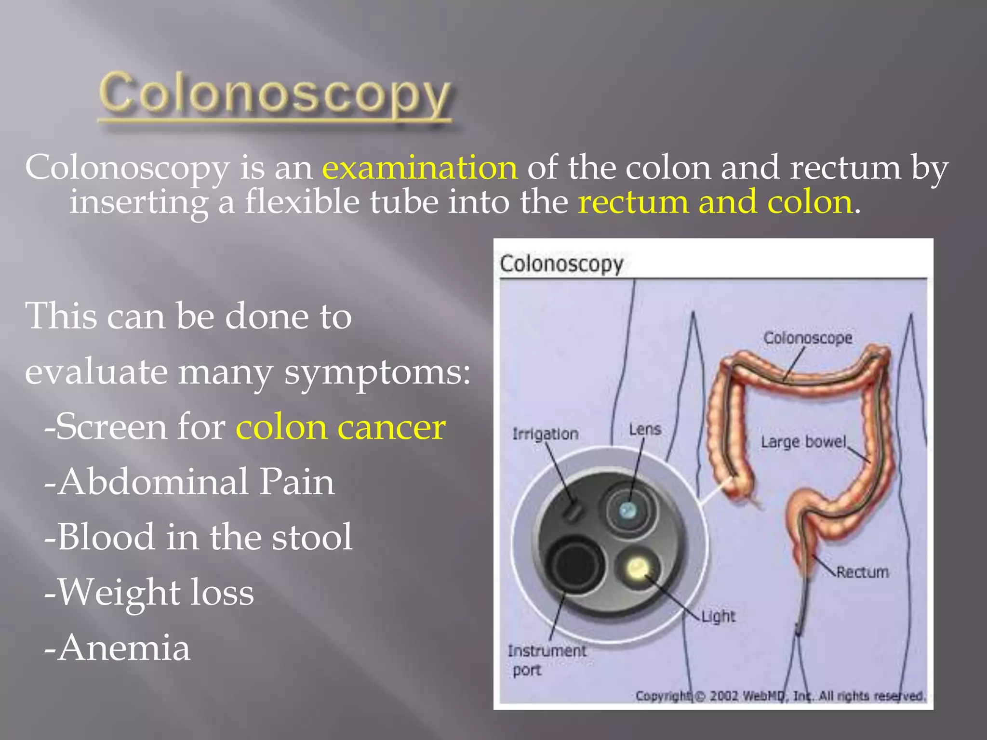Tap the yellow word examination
(420, 168)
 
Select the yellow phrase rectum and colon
(715, 202)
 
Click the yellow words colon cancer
(340, 427)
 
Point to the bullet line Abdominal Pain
(189, 482)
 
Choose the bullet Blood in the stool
(198, 537)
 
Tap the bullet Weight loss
(149, 592)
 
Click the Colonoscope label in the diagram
(807, 338)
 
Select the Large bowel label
(803, 442)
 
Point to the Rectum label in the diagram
(862, 572)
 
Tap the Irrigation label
(545, 434)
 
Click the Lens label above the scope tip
(645, 429)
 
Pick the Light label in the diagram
(718, 616)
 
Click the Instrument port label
(547, 660)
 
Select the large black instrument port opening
(575, 565)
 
